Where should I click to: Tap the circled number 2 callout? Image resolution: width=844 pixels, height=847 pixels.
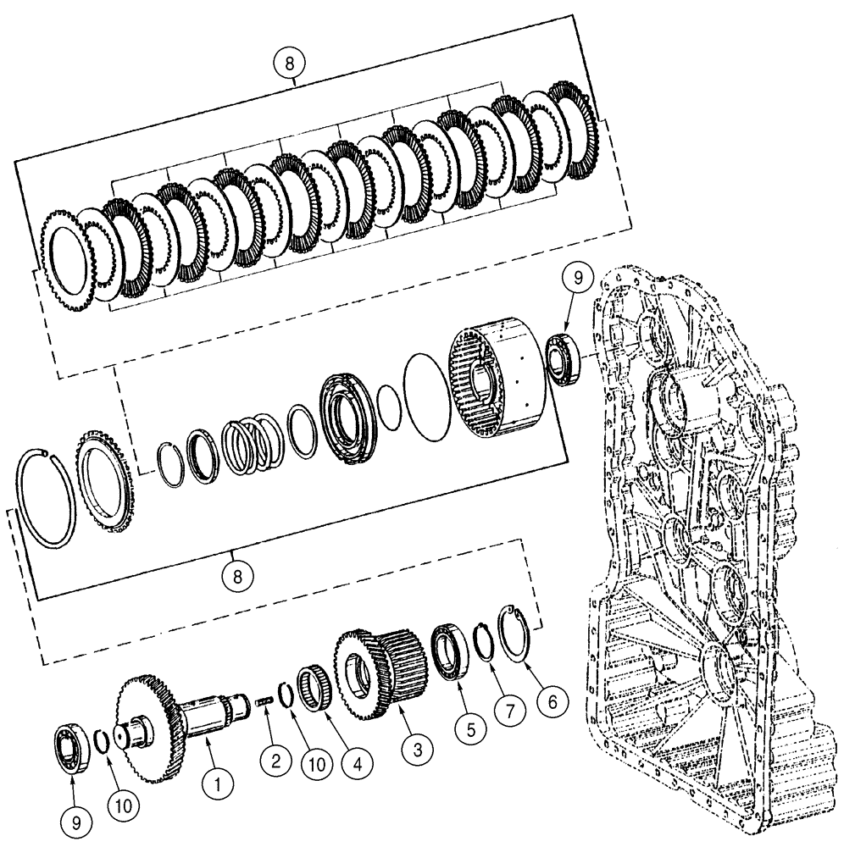[275, 761]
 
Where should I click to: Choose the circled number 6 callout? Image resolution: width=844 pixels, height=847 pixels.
[552, 701]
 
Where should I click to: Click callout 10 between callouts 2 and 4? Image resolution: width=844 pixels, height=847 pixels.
[315, 762]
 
